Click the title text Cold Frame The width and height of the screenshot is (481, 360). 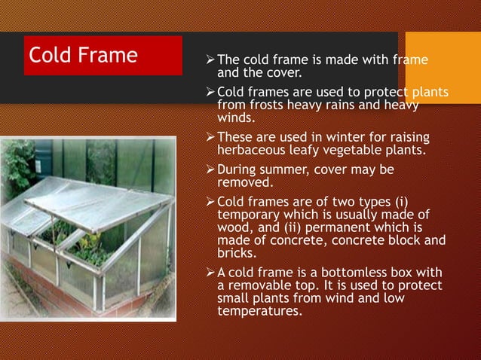tap(83, 55)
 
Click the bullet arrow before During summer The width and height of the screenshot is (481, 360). tap(210, 170)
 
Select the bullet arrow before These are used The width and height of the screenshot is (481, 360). tap(210, 138)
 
